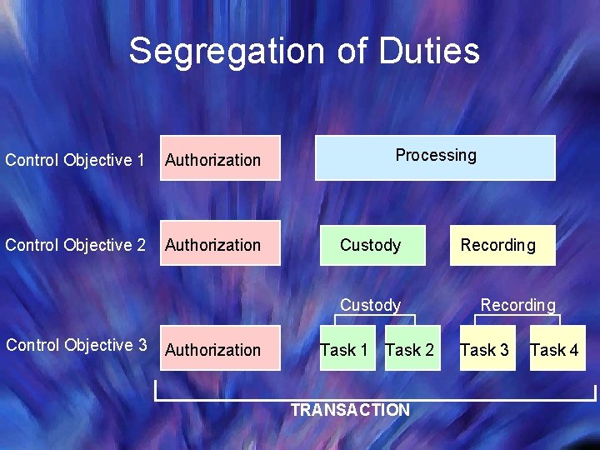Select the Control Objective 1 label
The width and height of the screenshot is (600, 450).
pyautogui.click(x=75, y=159)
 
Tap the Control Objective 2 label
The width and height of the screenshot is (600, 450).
pyautogui.click(x=75, y=245)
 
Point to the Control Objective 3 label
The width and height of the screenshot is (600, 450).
pyautogui.click(x=76, y=345)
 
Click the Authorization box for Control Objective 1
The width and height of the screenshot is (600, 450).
pyautogui.click(x=220, y=158)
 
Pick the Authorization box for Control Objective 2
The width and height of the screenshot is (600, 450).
pyautogui.click(x=220, y=245)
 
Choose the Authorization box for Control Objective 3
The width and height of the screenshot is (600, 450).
pyautogui.click(x=220, y=348)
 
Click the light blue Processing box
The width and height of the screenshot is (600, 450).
pyautogui.click(x=435, y=157)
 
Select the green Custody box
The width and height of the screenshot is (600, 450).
pyautogui.click(x=372, y=245)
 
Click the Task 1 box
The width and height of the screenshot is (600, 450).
pyautogui.click(x=344, y=350)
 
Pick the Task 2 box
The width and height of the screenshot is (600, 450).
pyautogui.click(x=410, y=350)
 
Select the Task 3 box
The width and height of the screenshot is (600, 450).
pyautogui.click(x=485, y=350)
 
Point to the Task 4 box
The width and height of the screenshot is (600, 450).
pyautogui.click(x=555, y=350)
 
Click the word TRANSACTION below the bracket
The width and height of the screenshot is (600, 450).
pyautogui.click(x=350, y=410)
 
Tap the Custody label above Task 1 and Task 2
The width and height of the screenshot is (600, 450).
pyautogui.click(x=370, y=305)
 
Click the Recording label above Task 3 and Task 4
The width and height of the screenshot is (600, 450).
pyautogui.click(x=517, y=305)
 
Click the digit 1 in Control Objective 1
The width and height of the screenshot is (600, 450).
pyautogui.click(x=140, y=159)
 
